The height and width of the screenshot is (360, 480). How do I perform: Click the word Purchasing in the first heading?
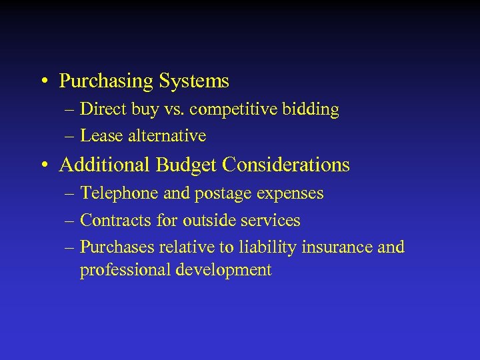click(107, 82)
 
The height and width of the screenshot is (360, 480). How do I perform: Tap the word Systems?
click(194, 82)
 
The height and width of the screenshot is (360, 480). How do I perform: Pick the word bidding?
click(312, 109)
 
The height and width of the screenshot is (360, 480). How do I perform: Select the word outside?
click(207, 221)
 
